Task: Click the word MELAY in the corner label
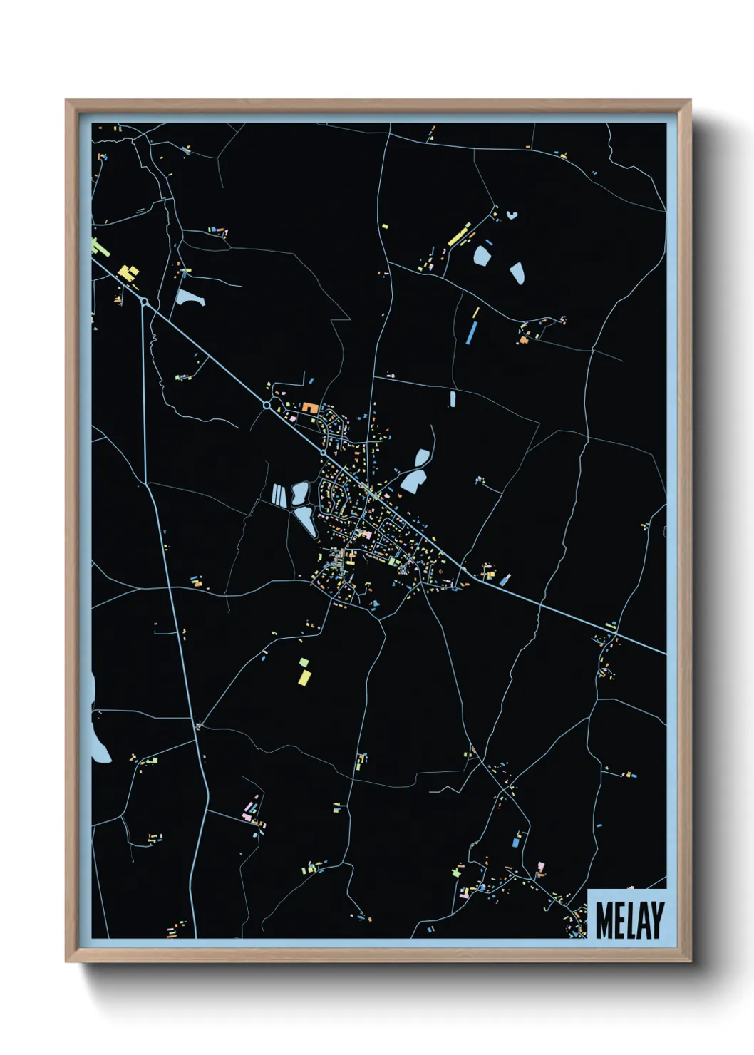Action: click(629, 920)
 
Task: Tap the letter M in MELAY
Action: click(604, 920)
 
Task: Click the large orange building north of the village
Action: click(310, 408)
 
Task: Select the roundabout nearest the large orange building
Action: click(267, 405)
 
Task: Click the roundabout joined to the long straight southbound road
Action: click(145, 302)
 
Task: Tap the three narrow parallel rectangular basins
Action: click(278, 495)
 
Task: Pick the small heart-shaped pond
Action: click(511, 214)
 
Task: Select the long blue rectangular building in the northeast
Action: click(471, 331)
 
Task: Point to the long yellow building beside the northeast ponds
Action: click(459, 234)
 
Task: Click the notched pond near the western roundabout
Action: click(189, 298)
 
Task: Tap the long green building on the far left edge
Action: click(99, 248)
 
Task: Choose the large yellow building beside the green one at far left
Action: click(128, 273)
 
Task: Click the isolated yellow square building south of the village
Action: click(304, 676)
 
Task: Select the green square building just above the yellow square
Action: click(304, 662)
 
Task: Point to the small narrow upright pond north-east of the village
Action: click(452, 398)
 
